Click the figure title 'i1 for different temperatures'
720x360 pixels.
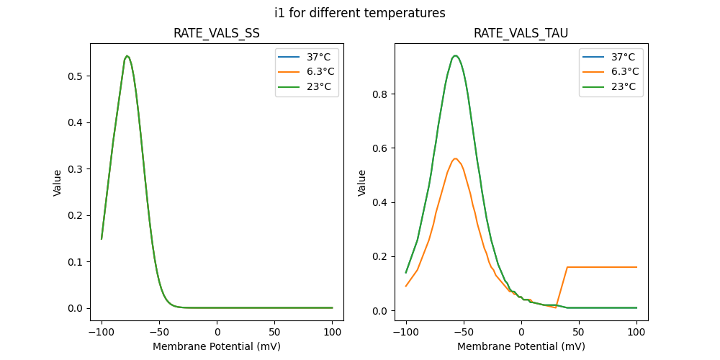pos(359,13)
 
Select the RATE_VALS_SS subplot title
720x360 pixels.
pos(217,34)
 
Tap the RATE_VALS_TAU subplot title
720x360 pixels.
pos(521,34)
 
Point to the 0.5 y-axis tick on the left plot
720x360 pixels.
pos(78,76)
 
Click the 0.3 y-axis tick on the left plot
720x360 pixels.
pos(78,169)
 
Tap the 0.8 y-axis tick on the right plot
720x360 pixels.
pos(382,94)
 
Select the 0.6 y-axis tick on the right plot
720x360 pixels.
pos(382,148)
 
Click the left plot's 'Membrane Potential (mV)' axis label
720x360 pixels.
pos(217,346)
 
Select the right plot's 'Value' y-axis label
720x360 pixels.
pos(362,182)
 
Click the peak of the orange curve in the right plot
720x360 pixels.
pos(455,158)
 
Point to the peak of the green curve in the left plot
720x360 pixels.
pos(127,55)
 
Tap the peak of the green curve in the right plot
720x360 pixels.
pos(455,55)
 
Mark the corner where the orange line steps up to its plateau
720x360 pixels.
pos(567,267)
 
